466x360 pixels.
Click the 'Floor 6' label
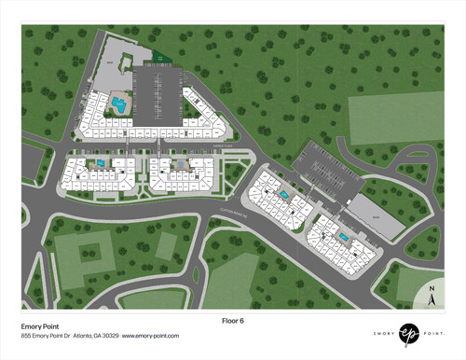point(232,320)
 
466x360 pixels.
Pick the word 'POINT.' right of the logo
point(435,332)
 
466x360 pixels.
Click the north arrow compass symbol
point(432,298)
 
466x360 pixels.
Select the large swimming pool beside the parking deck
point(119,104)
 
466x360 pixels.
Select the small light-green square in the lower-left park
point(166,245)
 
